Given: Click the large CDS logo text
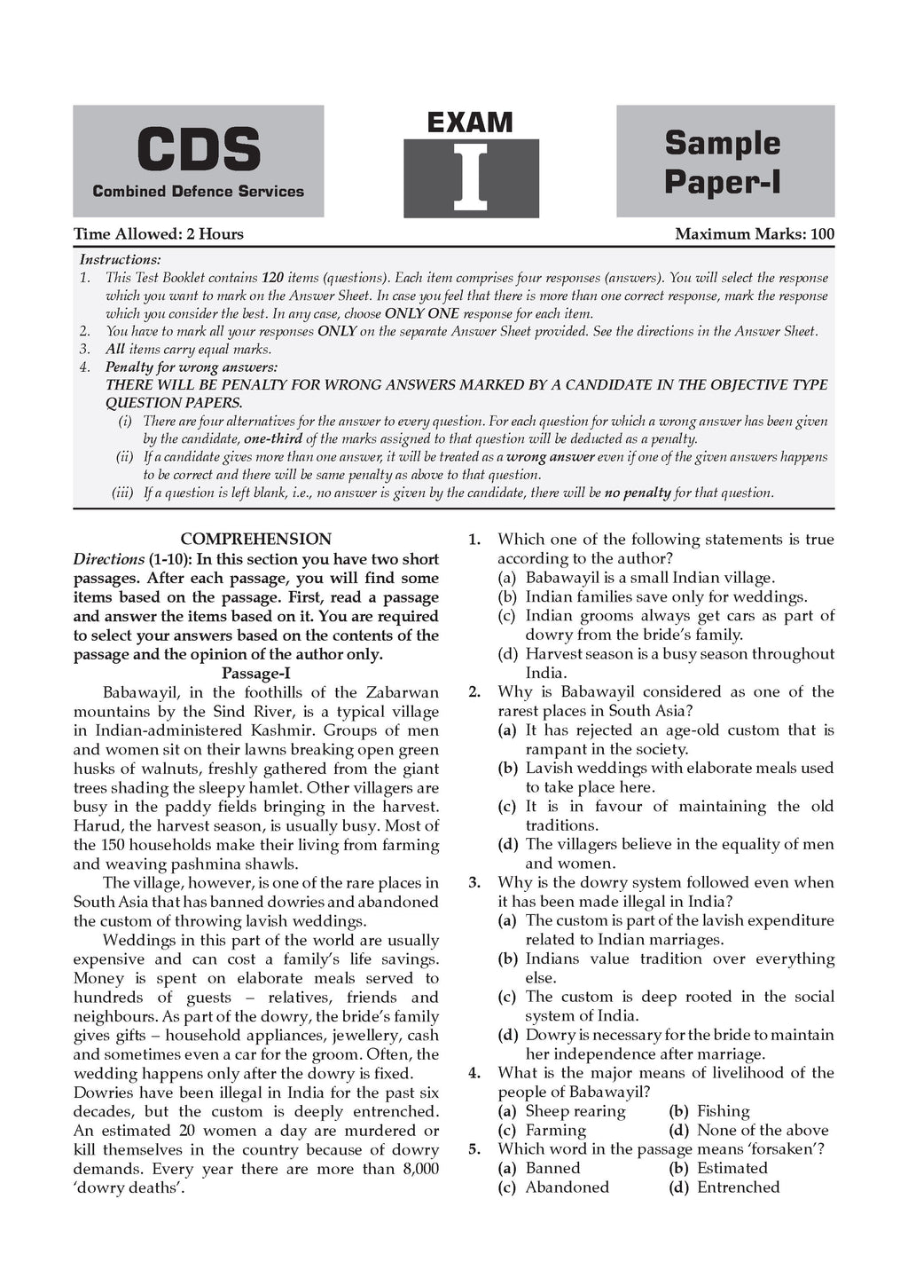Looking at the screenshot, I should pos(198,149).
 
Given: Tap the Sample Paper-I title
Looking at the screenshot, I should pos(723,162).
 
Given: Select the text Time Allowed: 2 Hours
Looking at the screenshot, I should pos(159,234).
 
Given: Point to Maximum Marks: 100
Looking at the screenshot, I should pos(755,234).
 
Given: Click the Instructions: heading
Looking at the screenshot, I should pos(121,259).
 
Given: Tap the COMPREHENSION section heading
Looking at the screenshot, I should pos(255,539).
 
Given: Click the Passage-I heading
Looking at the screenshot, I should pos(255,673).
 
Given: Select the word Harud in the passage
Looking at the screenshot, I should pos(96,825).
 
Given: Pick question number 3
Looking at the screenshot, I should pos(474,882).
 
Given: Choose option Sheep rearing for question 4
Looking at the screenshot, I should pos(575,1111).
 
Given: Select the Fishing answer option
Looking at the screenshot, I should pos(723,1111).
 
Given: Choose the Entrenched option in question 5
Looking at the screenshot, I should pos(738,1187).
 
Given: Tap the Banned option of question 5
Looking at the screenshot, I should pos(552,1168).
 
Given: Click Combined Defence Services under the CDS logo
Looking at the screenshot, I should pos(198,191).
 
